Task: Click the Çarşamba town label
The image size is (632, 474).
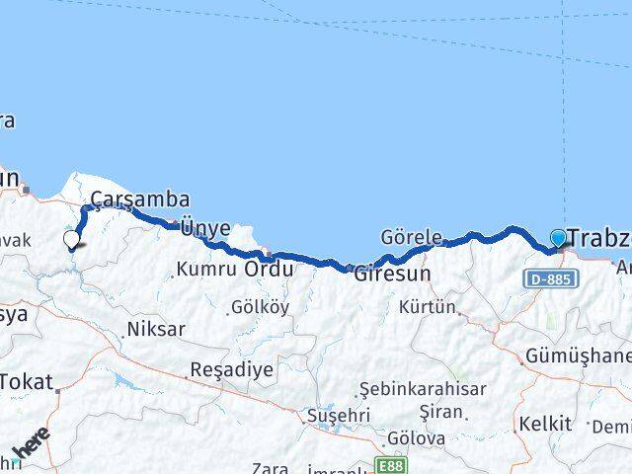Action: (x=139, y=200)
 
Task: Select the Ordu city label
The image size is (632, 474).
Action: (x=269, y=269)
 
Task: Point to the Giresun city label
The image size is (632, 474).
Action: (x=392, y=273)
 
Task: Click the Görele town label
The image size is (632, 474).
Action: (x=411, y=238)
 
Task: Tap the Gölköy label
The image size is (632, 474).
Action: (x=260, y=307)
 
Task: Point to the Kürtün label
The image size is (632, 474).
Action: (x=428, y=307)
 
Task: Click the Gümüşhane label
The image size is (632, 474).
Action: (x=579, y=355)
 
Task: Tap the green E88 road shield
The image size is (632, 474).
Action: (x=390, y=464)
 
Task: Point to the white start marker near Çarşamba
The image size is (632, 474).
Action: (x=71, y=239)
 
